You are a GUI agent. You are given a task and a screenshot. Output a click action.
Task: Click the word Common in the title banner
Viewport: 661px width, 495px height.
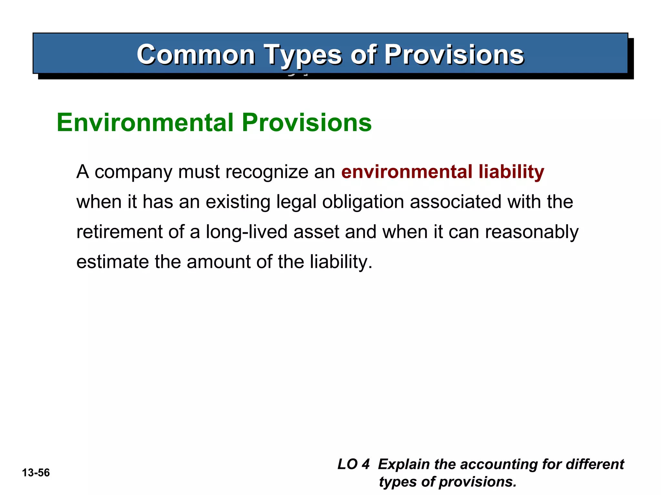click(x=196, y=54)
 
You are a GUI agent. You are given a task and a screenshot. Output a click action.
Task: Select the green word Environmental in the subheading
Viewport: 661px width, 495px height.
click(x=145, y=122)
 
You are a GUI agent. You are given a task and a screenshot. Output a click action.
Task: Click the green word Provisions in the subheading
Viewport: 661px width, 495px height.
click(x=307, y=122)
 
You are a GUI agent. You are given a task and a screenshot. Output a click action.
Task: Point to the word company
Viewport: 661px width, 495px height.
click(x=133, y=172)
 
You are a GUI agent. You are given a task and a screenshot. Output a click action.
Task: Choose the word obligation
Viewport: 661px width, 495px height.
click(x=363, y=202)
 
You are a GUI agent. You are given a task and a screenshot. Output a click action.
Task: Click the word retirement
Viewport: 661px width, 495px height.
click(x=119, y=232)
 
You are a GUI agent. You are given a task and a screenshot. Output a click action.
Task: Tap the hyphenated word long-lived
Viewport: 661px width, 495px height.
click(x=247, y=232)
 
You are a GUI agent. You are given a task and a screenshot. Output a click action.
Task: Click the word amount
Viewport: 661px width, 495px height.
click(x=218, y=262)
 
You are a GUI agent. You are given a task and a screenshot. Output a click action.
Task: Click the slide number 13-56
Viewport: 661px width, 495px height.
click(x=36, y=473)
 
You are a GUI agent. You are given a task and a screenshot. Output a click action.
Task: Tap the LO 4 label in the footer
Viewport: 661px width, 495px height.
click(x=353, y=464)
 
